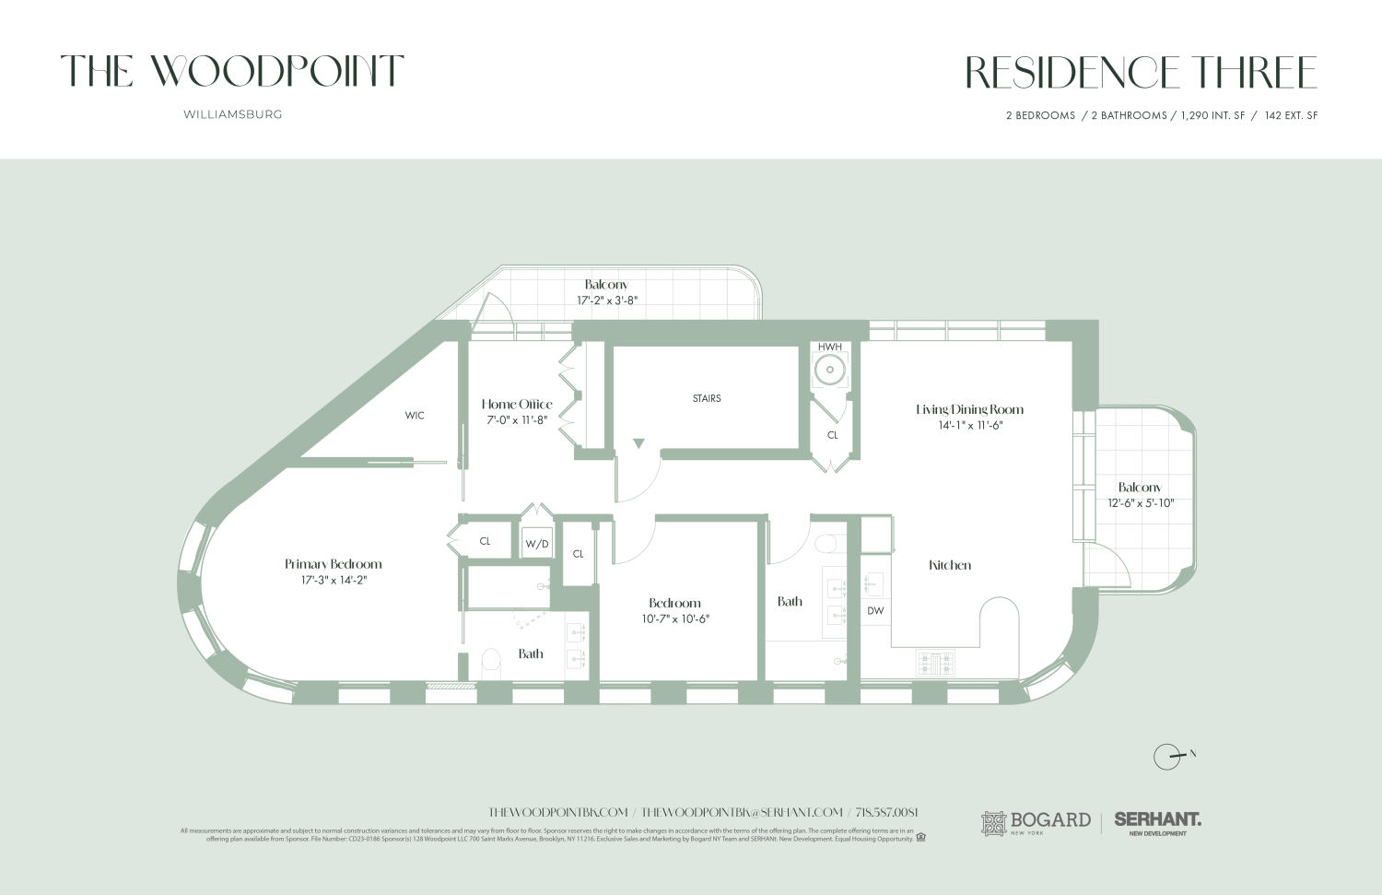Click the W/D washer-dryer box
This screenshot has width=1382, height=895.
point(537,544)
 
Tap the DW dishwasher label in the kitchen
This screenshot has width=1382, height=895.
point(875,610)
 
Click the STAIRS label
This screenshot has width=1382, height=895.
point(707,398)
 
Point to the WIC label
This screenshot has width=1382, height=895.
point(415,416)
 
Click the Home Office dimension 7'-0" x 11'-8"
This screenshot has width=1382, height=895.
point(517,419)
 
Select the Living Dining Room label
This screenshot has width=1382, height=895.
point(969,409)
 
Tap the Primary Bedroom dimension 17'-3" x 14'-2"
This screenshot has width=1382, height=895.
point(334,580)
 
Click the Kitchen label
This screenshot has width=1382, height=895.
point(950,565)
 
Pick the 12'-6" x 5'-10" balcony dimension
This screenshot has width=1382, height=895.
point(1140,503)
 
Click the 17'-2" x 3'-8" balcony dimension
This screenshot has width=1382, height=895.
point(607,300)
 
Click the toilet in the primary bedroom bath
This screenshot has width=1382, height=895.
point(491,663)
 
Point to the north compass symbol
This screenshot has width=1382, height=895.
point(1168,757)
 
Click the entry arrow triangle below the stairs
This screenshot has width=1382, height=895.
point(638,444)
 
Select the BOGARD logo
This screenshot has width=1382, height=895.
point(1036,822)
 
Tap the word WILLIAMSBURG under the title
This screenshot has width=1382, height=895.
point(232,114)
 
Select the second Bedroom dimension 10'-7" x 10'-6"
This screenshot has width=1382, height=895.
point(675,618)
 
